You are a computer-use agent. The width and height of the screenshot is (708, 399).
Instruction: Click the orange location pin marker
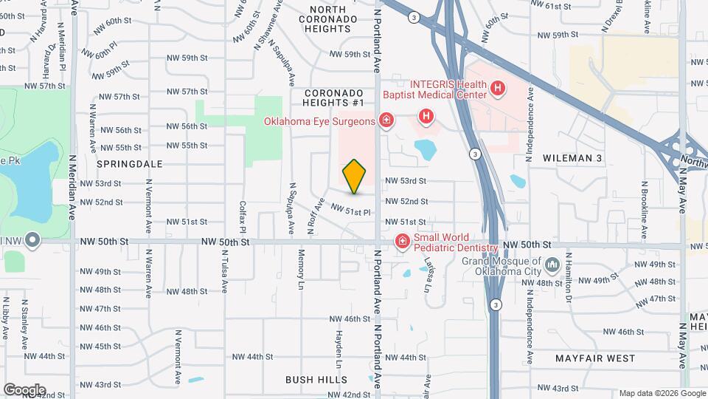(x=355, y=176)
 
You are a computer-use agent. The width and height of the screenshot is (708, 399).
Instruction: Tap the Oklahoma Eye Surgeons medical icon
(x=386, y=120)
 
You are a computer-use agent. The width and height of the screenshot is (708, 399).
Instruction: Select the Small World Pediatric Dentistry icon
(x=403, y=241)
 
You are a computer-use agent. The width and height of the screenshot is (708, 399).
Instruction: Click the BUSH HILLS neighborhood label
(x=316, y=379)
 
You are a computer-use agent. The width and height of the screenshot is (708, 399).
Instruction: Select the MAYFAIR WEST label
(x=594, y=358)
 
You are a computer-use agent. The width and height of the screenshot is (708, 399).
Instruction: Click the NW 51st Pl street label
(x=350, y=211)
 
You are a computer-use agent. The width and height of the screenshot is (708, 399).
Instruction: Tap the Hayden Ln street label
(x=340, y=349)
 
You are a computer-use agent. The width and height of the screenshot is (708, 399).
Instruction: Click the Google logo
(x=24, y=389)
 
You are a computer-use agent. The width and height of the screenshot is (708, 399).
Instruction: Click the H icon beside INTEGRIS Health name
(x=498, y=89)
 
